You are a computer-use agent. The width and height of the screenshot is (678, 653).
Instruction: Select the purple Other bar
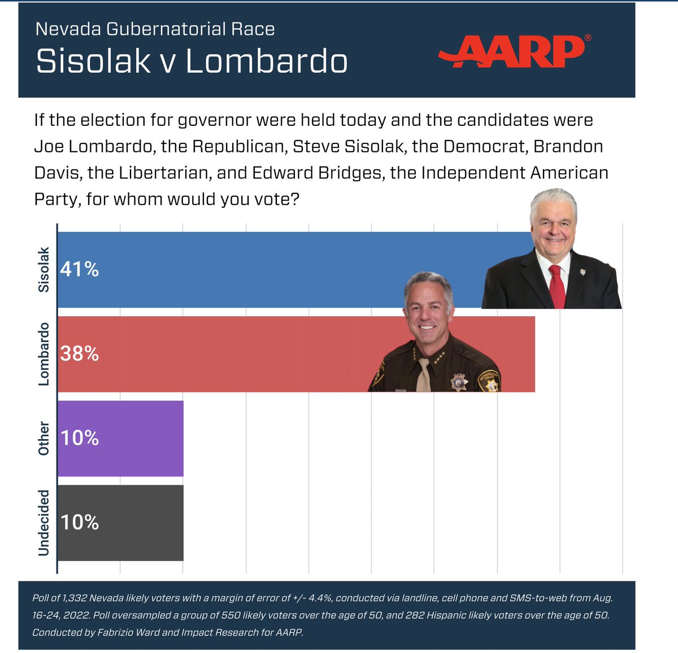120,439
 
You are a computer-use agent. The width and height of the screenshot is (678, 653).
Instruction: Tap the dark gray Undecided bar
120,523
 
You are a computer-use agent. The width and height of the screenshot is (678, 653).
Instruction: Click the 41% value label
80,270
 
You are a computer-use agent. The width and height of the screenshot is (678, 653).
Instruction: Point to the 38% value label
80,354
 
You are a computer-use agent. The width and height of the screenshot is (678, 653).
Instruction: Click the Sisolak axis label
44,270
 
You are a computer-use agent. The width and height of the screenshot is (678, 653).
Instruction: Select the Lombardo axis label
44,354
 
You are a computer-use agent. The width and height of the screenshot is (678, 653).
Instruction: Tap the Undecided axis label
44,523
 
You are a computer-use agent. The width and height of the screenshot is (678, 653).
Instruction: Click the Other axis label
44,439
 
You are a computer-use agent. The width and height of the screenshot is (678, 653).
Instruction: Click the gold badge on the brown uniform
458,382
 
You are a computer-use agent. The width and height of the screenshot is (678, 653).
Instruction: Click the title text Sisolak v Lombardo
192,61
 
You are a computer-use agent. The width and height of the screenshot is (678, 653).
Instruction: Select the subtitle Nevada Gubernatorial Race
155,29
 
